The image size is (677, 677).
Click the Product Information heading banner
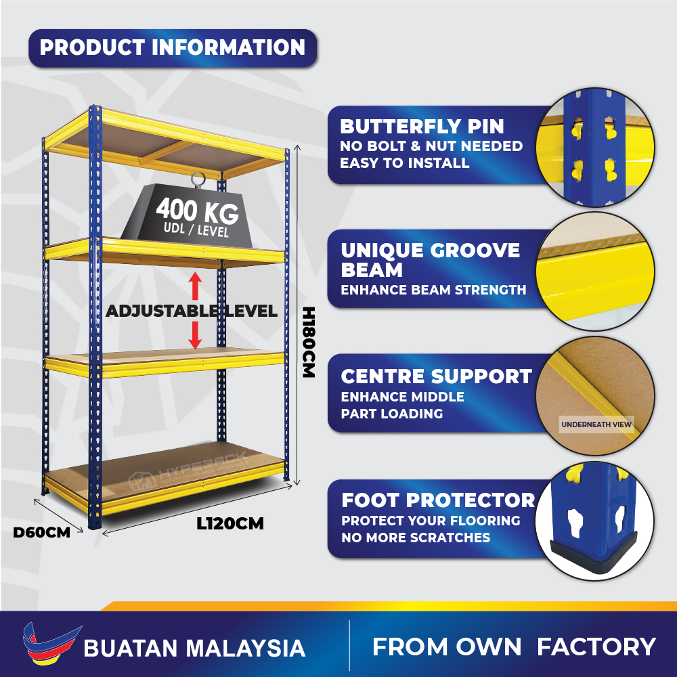pyautogui.click(x=173, y=48)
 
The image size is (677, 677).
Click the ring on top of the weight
pyautogui.click(x=198, y=179)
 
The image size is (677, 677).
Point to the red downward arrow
pyautogui.click(x=195, y=336)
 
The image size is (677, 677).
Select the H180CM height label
pyautogui.click(x=309, y=343)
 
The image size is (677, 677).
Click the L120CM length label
pyautogui.click(x=230, y=524)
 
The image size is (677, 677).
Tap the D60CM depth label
pyautogui.click(x=41, y=532)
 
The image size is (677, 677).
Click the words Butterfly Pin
pyautogui.click(x=422, y=127)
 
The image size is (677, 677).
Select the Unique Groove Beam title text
pyautogui.click(x=430, y=259)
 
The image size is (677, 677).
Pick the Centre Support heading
pyautogui.click(x=436, y=376)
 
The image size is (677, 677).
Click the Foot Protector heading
pyautogui.click(x=438, y=500)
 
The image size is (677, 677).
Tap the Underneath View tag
pyautogui.click(x=596, y=424)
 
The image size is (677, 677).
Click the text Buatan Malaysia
pyautogui.click(x=194, y=649)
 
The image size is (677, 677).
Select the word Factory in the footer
pyautogui.click(x=596, y=647)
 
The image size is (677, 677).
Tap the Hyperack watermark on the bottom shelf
pyautogui.click(x=189, y=471)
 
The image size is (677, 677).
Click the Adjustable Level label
pyautogui.click(x=192, y=311)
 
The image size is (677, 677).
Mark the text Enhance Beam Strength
pyautogui.click(x=433, y=290)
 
